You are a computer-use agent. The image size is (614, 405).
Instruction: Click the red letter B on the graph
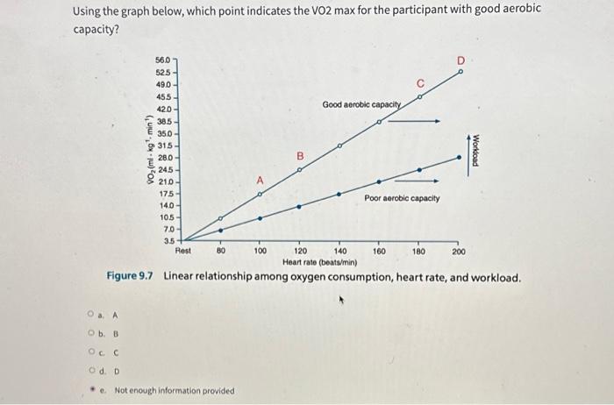click(299, 156)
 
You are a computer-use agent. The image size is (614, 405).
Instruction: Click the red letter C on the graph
click(419, 84)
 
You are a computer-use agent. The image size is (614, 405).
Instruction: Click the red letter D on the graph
click(460, 60)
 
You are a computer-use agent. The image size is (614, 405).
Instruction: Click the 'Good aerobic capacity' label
click(361, 105)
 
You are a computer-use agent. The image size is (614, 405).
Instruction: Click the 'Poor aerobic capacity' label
click(403, 199)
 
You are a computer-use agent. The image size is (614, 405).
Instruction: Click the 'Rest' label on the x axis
click(183, 252)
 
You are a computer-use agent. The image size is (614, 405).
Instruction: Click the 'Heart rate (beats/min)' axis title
click(319, 261)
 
